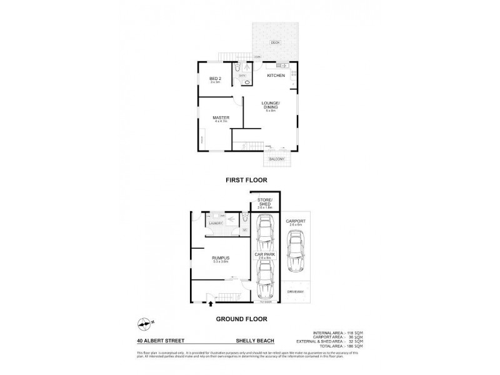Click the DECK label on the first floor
point(275,42)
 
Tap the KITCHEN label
point(276,76)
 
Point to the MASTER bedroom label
point(221,117)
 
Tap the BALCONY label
point(276,159)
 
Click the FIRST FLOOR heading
point(246,180)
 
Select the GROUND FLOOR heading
point(241,319)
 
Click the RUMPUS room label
point(220,257)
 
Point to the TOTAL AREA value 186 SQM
point(354,346)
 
